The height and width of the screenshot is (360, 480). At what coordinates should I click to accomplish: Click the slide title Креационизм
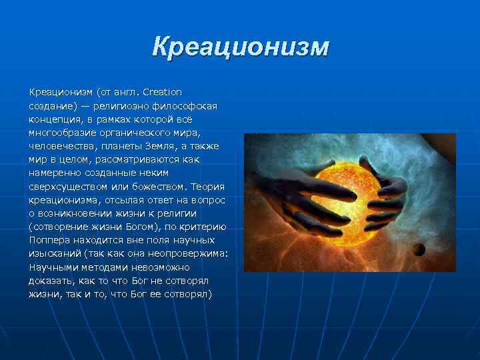pos(240,47)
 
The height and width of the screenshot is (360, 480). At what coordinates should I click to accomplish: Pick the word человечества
pos(59,146)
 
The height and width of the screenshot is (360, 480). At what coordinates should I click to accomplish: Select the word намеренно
pos(52,173)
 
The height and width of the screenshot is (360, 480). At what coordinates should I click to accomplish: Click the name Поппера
pos(47,241)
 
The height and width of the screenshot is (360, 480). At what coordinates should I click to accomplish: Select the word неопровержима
pos(186,254)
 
